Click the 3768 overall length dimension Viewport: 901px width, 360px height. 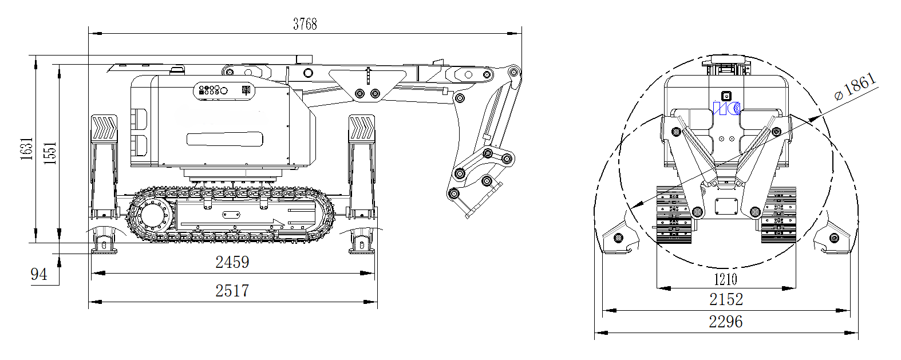point(305,24)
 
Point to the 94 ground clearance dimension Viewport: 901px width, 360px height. point(38,275)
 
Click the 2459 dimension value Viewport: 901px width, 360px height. point(232,262)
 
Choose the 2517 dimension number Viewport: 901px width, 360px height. point(232,291)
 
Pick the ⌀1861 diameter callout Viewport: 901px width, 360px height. point(855,86)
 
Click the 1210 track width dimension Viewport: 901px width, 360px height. point(725,279)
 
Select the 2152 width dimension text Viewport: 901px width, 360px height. point(726,299)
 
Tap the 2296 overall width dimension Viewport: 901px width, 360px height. point(726,322)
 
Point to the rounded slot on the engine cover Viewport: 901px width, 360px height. point(225,139)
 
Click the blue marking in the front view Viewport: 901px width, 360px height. point(727,108)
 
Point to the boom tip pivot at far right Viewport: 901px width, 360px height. point(514,72)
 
